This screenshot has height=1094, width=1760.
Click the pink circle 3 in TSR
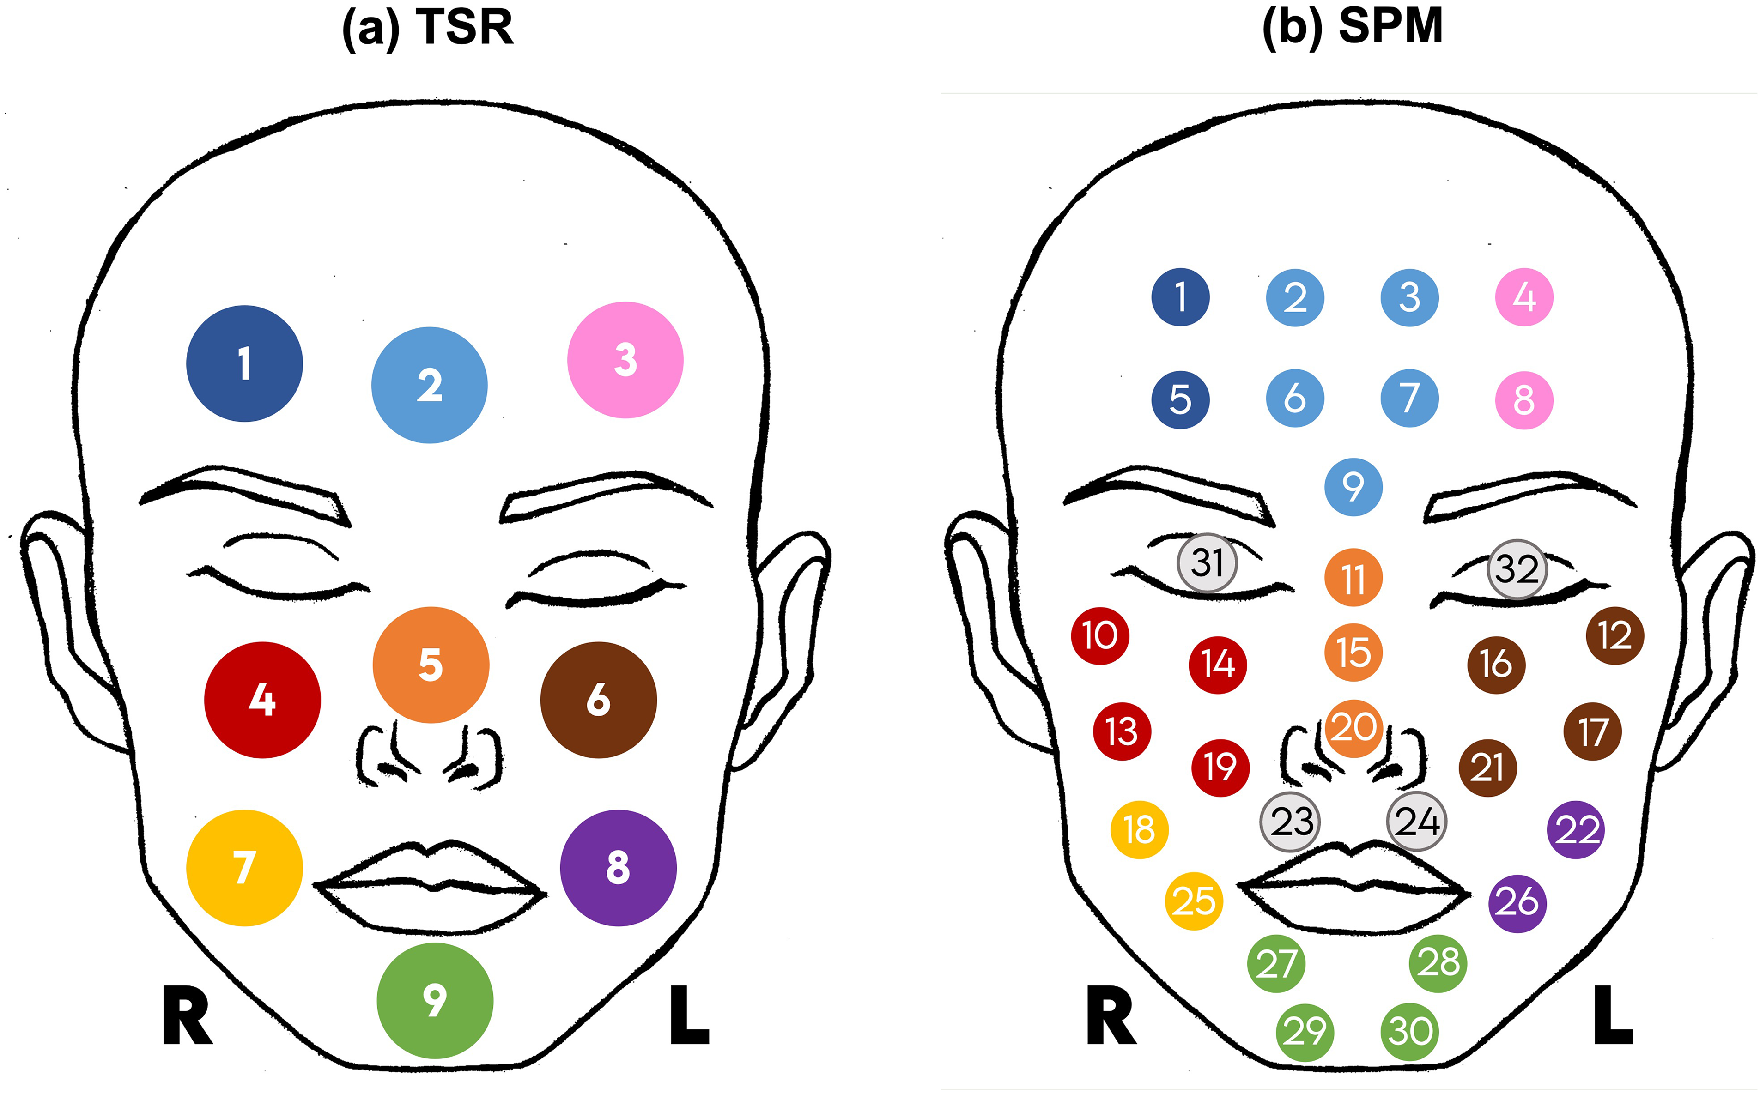(x=625, y=360)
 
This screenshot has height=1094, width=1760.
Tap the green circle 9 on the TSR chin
(x=435, y=1001)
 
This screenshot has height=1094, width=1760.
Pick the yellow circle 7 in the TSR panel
(x=245, y=868)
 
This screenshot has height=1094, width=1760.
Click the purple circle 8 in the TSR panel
(x=618, y=868)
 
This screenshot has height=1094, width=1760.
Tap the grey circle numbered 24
(x=1417, y=821)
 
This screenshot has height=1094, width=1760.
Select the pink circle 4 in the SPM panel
(x=1524, y=296)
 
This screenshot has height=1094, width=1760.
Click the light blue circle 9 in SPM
(x=1353, y=486)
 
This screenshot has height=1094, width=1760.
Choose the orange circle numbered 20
(x=1353, y=728)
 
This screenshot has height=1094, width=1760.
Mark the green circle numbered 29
(x=1305, y=1032)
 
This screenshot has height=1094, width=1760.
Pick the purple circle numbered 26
(x=1517, y=903)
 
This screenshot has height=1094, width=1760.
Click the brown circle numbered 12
(x=1614, y=635)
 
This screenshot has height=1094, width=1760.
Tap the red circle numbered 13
(x=1122, y=731)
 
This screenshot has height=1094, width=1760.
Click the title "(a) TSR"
(x=428, y=28)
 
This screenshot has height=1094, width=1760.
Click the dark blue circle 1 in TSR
(x=245, y=363)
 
